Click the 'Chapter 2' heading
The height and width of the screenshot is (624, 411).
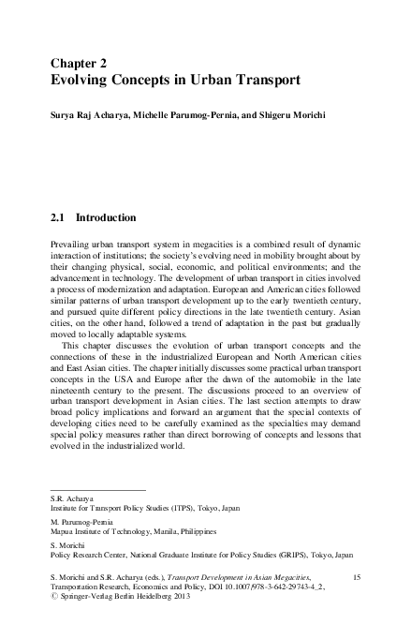pos(80,63)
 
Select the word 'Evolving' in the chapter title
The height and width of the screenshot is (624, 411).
pos(83,81)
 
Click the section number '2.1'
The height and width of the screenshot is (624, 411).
pos(58,217)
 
